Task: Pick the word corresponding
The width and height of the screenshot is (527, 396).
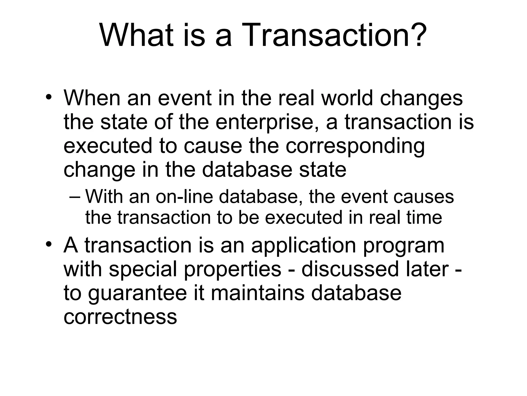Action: tap(355, 146)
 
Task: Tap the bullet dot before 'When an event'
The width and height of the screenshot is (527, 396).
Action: tap(48, 98)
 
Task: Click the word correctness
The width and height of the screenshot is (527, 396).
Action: tap(120, 317)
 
